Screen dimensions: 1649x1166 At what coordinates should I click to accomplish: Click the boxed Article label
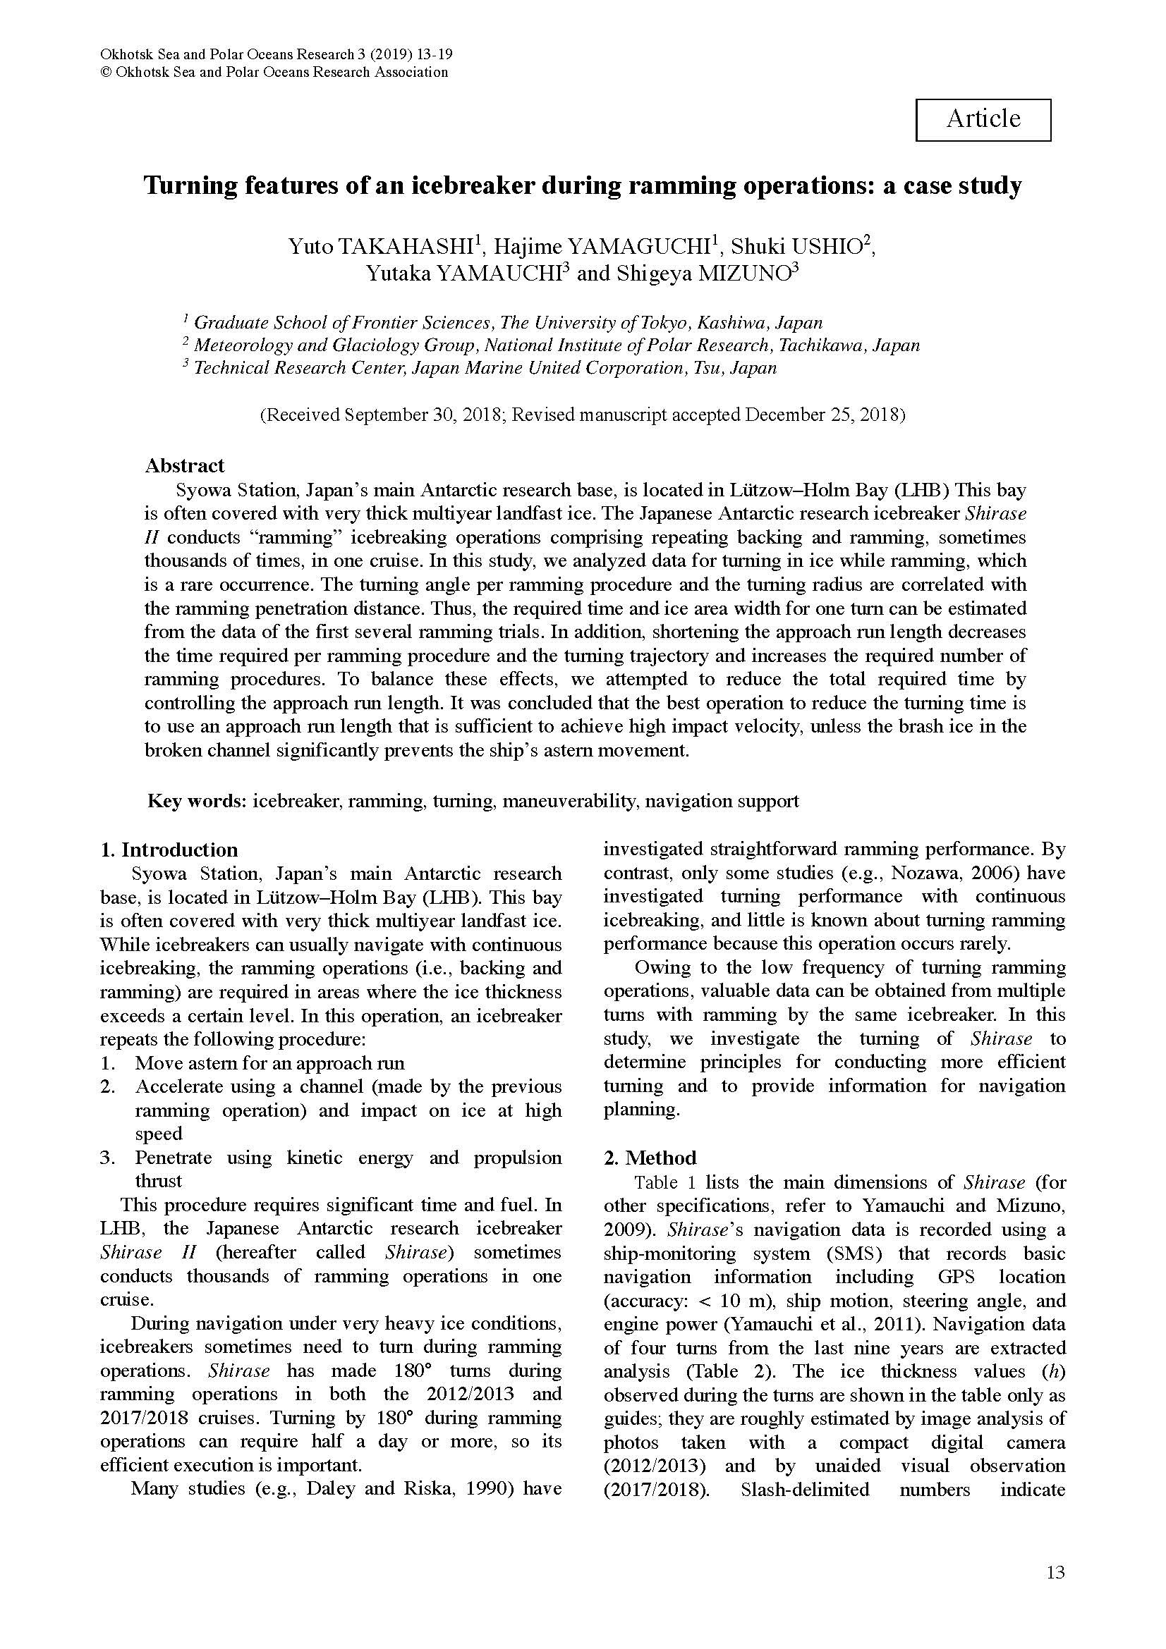click(982, 119)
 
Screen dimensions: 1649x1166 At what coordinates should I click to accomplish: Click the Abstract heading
click(185, 465)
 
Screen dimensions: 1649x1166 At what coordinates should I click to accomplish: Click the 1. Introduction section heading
click(169, 850)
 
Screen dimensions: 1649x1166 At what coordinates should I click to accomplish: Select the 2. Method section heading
click(650, 1158)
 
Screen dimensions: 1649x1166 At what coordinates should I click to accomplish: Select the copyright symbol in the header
click(106, 73)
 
